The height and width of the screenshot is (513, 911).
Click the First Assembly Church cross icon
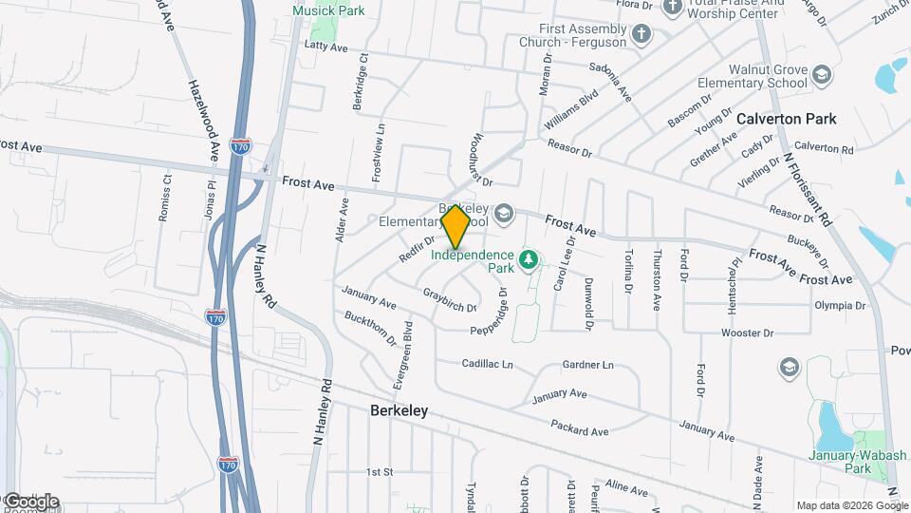tap(641, 35)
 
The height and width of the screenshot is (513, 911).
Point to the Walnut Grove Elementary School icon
tap(821, 75)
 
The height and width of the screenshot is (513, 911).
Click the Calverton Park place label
tap(787, 119)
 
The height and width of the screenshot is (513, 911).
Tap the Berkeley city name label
tap(398, 410)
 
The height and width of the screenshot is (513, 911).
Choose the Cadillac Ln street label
tap(487, 364)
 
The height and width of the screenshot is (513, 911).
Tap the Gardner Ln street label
tap(587, 365)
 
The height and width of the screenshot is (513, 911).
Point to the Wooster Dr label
tap(748, 332)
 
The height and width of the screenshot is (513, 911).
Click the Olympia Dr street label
tap(840, 306)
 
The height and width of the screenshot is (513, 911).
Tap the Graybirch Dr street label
tap(449, 300)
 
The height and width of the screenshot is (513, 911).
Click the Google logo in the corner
tap(30, 502)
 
